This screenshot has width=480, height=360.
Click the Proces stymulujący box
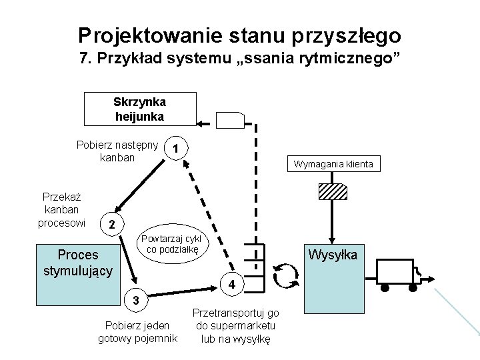point(79,263)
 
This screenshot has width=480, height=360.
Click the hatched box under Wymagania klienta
point(333,192)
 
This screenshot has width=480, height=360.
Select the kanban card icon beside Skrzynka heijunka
point(232,121)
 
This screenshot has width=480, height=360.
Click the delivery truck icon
point(399,273)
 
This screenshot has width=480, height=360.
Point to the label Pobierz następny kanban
point(117,152)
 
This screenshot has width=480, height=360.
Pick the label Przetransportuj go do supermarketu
point(236,326)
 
